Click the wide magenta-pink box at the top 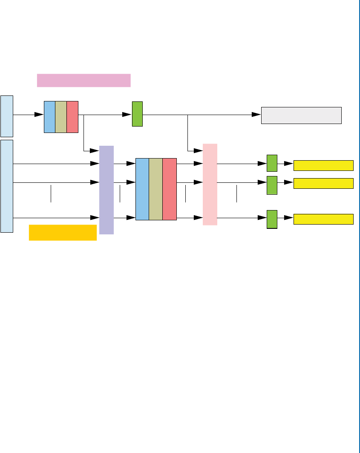coord(84,80)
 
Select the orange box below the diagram coord(63,232)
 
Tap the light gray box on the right coord(301,115)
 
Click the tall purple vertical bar coord(107,190)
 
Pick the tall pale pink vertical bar coord(210,184)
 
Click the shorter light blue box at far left coord(7,115)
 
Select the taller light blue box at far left coord(7,186)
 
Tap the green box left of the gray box coord(137,114)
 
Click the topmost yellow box coord(324,165)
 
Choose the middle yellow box coord(324,183)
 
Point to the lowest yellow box coord(324,219)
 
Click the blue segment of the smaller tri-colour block coord(50,117)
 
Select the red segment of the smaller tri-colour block coord(72,117)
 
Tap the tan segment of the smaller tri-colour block coord(61,117)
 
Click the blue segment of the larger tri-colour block coord(142,189)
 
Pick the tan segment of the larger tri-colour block coord(156,189)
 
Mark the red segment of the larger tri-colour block coord(170,189)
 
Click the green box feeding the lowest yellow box coord(272,219)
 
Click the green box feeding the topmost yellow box coord(272,163)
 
